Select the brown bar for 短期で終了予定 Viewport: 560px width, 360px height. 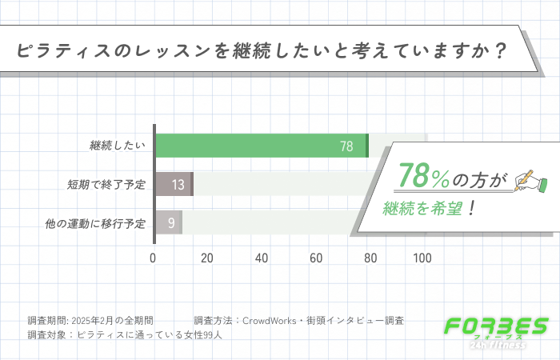point(174,184)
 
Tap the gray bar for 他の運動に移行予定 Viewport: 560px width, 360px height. point(168,222)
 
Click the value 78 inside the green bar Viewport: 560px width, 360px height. point(346,146)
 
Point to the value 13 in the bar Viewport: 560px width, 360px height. point(178,185)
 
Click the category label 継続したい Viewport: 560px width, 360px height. point(118,146)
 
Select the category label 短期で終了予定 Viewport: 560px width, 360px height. point(106,185)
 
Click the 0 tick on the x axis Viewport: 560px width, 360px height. point(154,258)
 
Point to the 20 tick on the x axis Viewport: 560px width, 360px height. point(207,258)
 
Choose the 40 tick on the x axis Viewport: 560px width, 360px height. point(261,258)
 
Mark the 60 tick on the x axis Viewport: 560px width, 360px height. point(315,258)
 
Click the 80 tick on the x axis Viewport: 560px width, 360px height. point(369,258)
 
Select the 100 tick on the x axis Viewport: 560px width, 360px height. point(422,258)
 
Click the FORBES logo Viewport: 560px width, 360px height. point(496,330)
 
